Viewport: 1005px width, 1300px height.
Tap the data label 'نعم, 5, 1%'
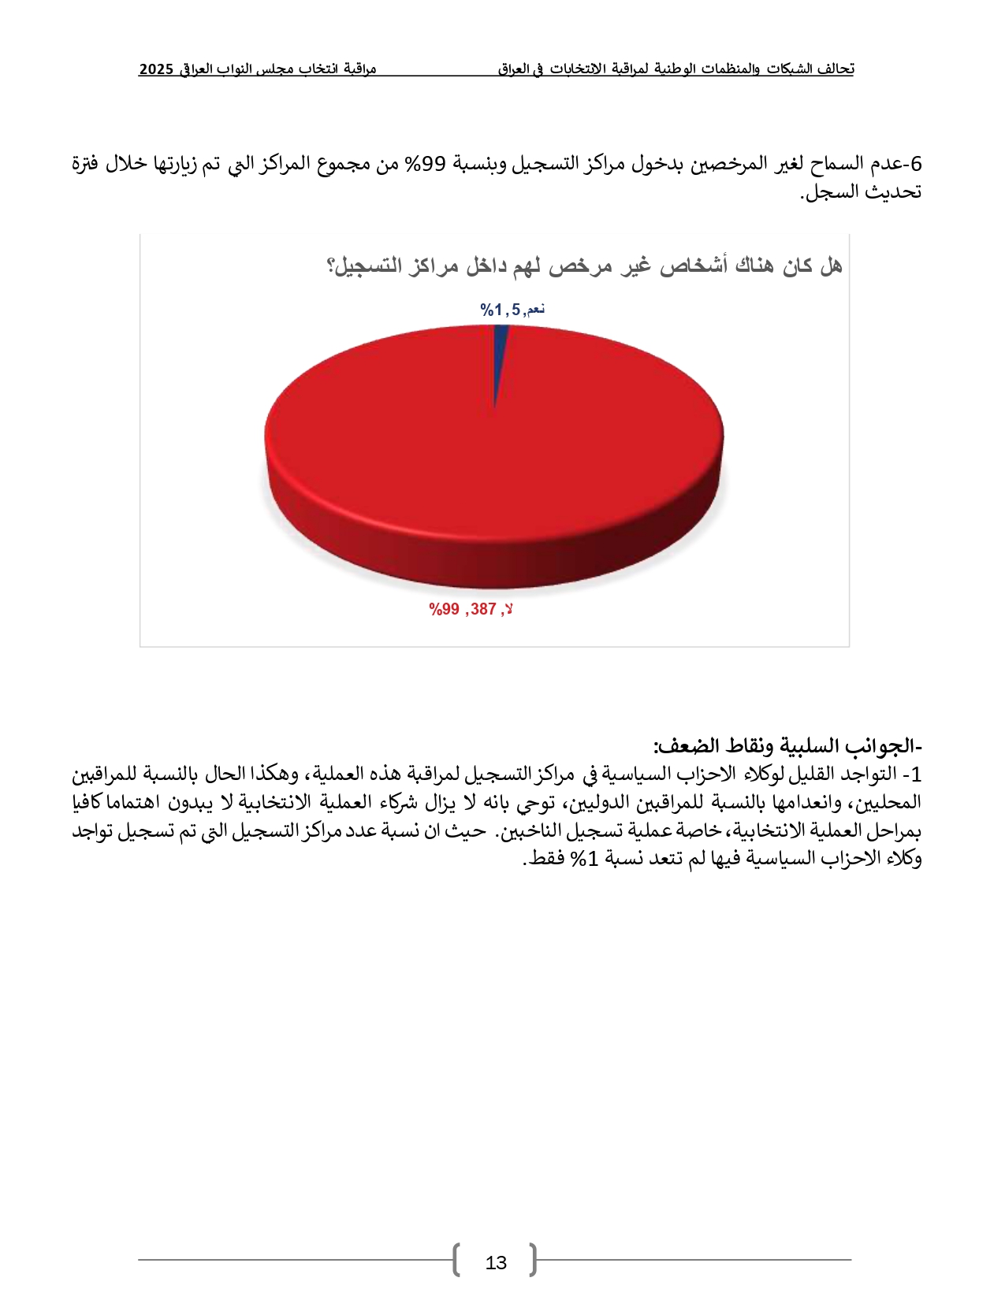click(x=512, y=310)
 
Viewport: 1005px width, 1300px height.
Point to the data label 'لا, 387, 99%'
click(x=471, y=609)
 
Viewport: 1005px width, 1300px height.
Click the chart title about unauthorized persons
click(x=583, y=266)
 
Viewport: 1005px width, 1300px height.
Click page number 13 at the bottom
click(x=496, y=1263)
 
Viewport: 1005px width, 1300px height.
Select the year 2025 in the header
click(x=156, y=69)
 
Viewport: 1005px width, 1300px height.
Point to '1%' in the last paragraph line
click(x=585, y=859)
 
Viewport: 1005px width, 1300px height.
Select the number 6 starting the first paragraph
click(x=915, y=164)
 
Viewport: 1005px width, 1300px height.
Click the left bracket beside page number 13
click(x=456, y=1260)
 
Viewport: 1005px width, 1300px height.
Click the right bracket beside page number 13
click(x=534, y=1260)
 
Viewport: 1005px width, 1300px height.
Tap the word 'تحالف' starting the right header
click(x=837, y=69)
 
